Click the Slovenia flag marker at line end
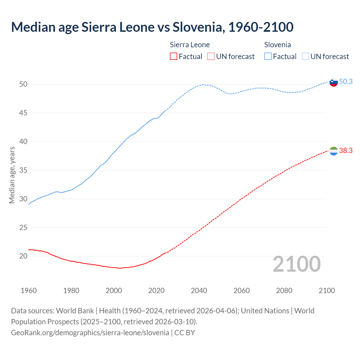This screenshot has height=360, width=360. (x=334, y=82)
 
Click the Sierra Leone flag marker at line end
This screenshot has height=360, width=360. (x=334, y=151)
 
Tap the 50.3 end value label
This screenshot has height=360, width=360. (x=346, y=82)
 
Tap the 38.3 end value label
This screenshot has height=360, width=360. (x=346, y=151)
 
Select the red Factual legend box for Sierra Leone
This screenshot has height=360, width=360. (x=174, y=57)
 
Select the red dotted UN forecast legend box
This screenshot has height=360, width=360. (x=211, y=57)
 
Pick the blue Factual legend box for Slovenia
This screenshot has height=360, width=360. (x=268, y=57)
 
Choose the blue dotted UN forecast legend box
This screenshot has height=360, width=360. (x=305, y=57)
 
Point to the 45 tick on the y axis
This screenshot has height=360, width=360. (x=23, y=113)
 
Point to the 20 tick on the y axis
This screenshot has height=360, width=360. (x=23, y=256)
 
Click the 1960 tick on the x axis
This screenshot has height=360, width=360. (x=29, y=291)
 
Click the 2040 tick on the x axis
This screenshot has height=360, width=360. (x=199, y=291)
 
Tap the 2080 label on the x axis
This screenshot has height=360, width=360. (x=284, y=291)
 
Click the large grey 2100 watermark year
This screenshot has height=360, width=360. (x=297, y=264)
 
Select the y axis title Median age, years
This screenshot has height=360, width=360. (x=12, y=175)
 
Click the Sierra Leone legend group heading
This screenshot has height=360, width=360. (x=190, y=45)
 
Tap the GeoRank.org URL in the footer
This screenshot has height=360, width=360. (x=90, y=332)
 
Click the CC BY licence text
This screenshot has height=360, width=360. (x=184, y=332)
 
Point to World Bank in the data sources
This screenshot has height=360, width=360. (x=75, y=311)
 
